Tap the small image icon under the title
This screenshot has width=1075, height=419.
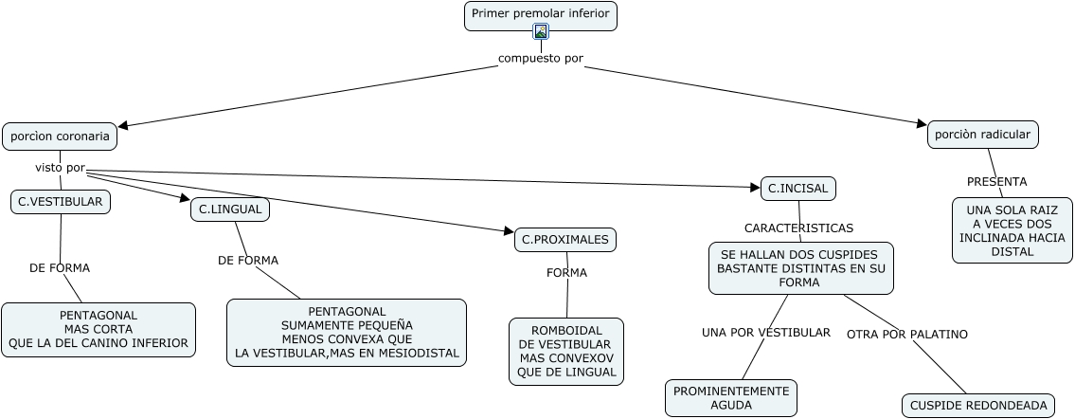point(541,31)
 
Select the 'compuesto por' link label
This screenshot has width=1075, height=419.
point(541,58)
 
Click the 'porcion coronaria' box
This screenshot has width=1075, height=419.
point(60,137)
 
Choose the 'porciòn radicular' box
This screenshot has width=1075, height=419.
point(983,135)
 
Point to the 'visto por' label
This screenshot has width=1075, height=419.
point(61,168)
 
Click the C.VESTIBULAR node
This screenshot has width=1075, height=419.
point(61,202)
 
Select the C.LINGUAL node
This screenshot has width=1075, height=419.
point(230,209)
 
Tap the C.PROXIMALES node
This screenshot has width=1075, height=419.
point(564,240)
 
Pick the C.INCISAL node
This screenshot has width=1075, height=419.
point(797,189)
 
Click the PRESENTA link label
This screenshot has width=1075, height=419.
point(996,181)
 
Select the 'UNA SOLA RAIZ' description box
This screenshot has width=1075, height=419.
point(1012,230)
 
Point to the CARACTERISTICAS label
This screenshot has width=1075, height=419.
point(798,228)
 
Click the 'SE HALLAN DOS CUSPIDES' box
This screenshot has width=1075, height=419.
point(800,268)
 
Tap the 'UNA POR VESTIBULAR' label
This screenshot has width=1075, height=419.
point(765,333)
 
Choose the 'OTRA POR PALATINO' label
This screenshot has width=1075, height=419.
point(906,334)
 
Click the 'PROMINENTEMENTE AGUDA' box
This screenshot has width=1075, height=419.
point(730,398)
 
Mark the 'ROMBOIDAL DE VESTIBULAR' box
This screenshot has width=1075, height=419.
point(566,351)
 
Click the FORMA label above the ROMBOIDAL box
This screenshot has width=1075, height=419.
point(566,273)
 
